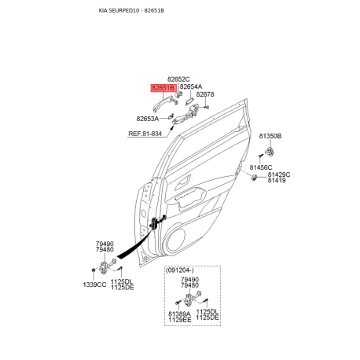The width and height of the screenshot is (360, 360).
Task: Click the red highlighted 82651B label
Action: point(163,88)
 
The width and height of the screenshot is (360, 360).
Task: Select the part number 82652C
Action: point(178,79)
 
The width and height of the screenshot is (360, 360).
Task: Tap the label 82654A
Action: point(191,86)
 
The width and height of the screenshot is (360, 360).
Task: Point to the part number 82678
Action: point(205,94)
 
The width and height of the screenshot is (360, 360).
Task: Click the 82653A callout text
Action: point(148,119)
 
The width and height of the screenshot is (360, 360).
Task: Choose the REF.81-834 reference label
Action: point(145,134)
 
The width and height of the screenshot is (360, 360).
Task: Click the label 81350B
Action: point(270,136)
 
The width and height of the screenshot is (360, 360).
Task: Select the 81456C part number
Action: point(261,167)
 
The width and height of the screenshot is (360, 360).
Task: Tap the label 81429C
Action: point(279,174)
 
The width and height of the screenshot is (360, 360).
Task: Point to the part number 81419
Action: point(277,180)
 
